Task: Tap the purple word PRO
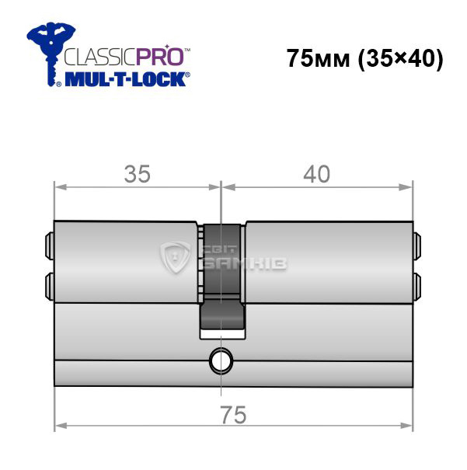[x=160, y=56]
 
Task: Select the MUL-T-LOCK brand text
[x=126, y=79]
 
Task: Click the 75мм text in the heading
[x=318, y=58]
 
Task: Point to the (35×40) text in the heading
[x=400, y=59]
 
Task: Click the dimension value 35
[x=138, y=174]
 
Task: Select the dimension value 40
[x=316, y=174]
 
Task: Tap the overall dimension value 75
[x=233, y=415]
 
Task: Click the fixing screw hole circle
[x=221, y=360]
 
